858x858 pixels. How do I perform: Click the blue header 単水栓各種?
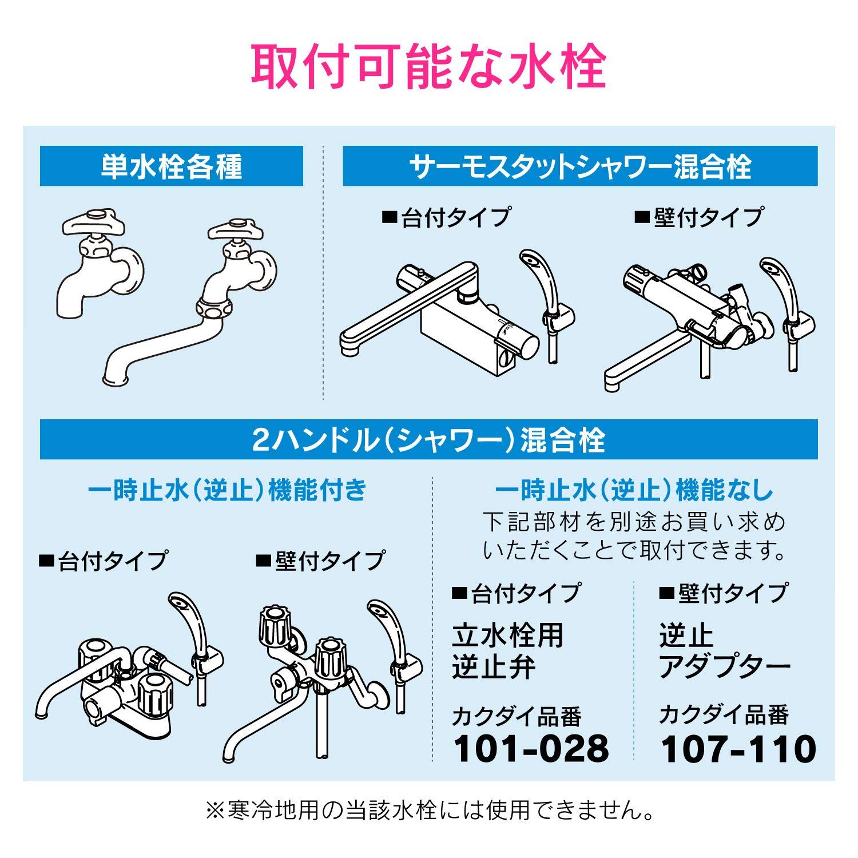coord(171,166)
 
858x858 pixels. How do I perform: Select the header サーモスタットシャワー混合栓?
coord(580,166)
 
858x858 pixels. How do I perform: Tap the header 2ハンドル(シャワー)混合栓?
coord(428,440)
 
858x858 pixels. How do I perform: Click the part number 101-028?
coord(531,748)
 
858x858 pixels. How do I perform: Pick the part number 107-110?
coord(738,748)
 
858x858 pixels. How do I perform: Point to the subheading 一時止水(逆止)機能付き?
coord(227,491)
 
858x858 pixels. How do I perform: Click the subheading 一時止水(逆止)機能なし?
coord(634,491)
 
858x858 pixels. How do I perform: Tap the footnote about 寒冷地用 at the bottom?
coord(428,811)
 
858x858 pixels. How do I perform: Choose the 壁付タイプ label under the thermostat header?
coord(698,218)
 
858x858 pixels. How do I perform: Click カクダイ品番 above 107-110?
coord(724,715)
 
